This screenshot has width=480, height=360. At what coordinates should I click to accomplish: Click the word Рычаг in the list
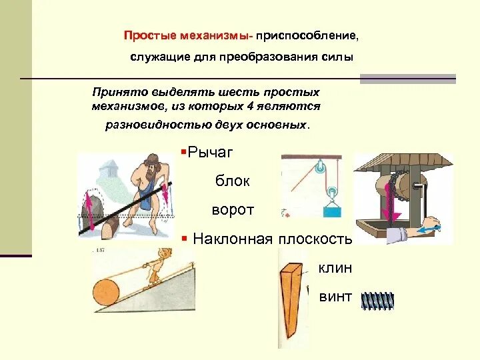pyautogui.click(x=210, y=153)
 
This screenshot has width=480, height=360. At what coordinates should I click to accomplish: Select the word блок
pyautogui.click(x=233, y=181)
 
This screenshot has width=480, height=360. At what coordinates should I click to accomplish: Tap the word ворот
pyautogui.click(x=233, y=209)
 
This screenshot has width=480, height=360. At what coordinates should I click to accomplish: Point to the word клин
pyautogui.click(x=335, y=268)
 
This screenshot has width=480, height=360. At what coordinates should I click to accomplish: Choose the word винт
pyautogui.click(x=335, y=297)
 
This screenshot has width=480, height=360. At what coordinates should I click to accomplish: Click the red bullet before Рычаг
pyautogui.click(x=183, y=153)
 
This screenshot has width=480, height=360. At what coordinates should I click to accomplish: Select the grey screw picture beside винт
pyautogui.click(x=377, y=301)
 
